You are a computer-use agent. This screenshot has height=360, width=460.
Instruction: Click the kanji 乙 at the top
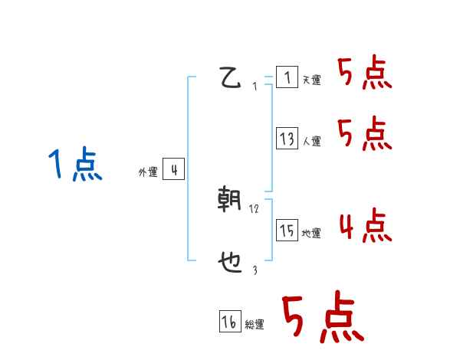(x=231, y=78)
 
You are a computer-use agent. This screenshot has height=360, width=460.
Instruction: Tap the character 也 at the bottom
(x=230, y=263)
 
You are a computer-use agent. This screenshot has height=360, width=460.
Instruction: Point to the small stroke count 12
(x=255, y=208)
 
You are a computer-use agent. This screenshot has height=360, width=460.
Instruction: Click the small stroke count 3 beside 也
(x=255, y=270)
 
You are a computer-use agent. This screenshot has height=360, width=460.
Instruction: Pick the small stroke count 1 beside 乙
(x=255, y=86)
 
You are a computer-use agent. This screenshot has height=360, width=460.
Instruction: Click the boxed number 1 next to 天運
(x=287, y=77)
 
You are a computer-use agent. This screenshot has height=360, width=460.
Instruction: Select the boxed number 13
(x=287, y=139)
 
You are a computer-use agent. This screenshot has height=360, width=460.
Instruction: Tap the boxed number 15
(x=287, y=231)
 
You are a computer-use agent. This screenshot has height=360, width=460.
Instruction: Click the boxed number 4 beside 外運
(x=173, y=169)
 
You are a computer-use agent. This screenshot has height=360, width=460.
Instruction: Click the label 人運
(x=312, y=142)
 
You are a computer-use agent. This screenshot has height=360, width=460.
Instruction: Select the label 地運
(x=312, y=234)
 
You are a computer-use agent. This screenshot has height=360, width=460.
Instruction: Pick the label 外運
(x=148, y=172)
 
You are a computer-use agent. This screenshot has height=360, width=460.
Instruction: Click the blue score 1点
(x=74, y=165)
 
